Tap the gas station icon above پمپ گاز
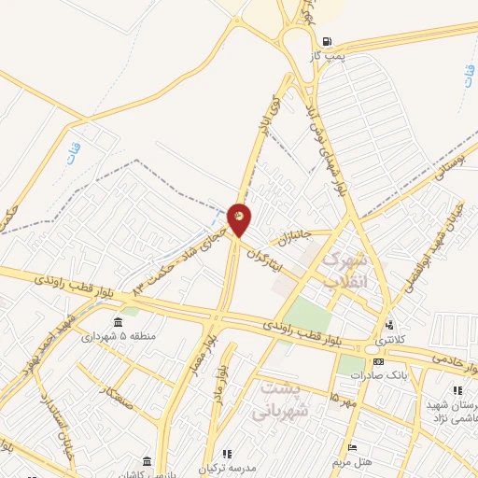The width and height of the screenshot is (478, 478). point(326,41)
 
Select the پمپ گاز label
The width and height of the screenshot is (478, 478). point(328,56)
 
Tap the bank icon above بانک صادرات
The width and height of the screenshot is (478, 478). point(377,361)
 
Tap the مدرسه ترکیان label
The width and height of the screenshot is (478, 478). point(230,465)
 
